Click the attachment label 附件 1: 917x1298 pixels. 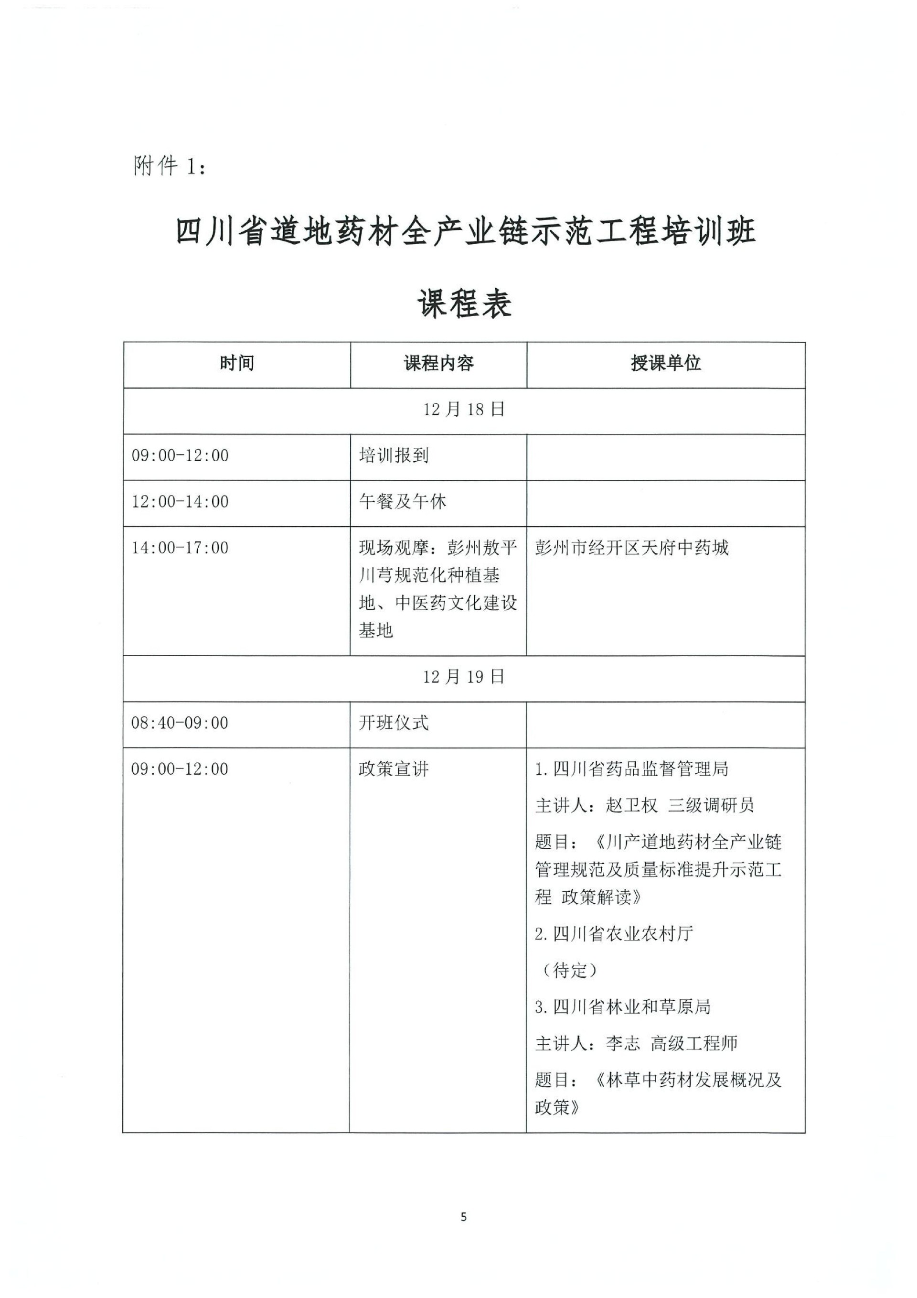coord(170,167)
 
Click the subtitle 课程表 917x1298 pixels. coord(464,303)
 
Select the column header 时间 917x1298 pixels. coord(237,364)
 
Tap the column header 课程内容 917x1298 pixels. coord(438,364)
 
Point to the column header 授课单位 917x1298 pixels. coord(666,364)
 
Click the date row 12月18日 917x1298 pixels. coord(464,410)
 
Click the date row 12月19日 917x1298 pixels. coord(464,677)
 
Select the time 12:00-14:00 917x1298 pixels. coord(180,502)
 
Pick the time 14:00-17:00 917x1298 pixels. coord(180,548)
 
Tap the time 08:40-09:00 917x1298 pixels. coord(180,723)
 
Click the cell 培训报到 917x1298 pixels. coord(394,455)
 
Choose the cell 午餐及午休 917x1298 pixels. coord(402,502)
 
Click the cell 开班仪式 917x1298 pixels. coord(394,723)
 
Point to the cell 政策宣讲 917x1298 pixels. coord(394,769)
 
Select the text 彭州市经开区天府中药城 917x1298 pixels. coord(632,548)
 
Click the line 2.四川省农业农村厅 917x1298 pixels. coord(614,934)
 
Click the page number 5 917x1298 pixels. coord(464,1218)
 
